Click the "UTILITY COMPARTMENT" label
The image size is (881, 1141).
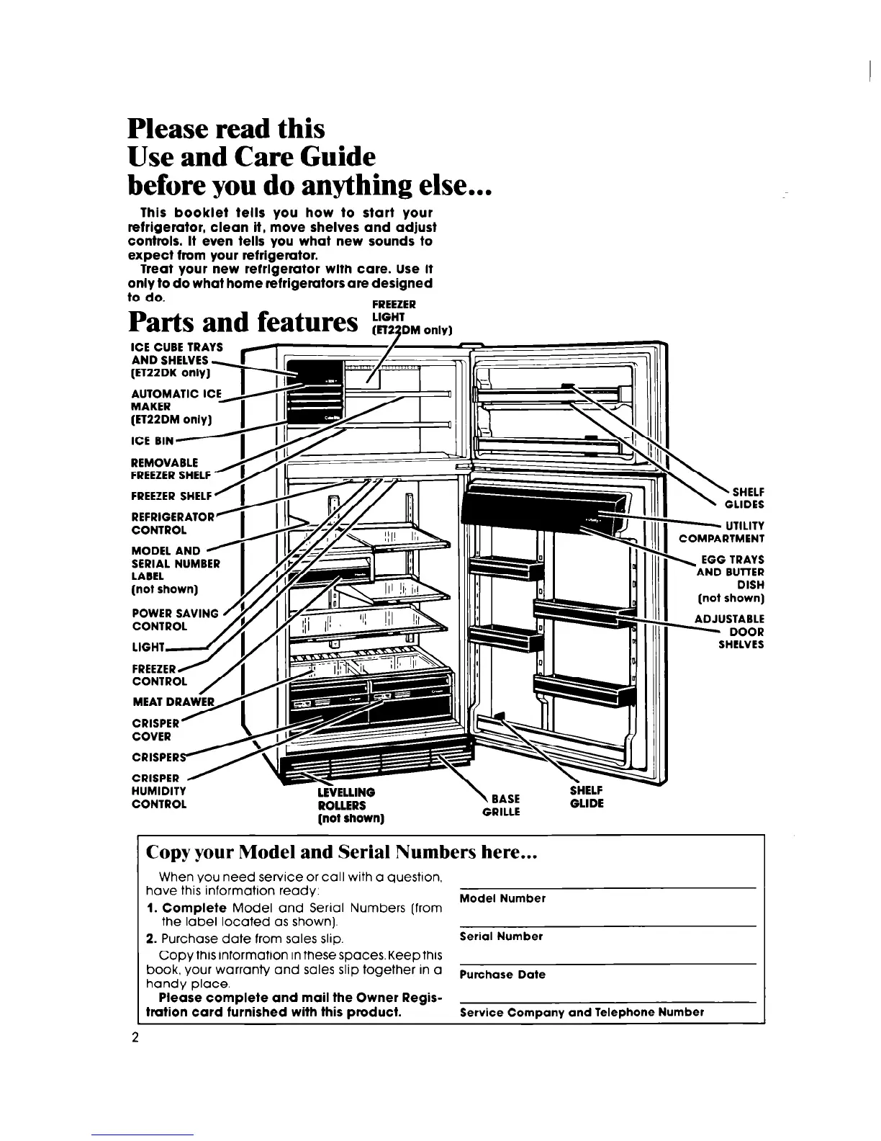722,532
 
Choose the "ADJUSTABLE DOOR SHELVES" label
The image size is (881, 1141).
729,632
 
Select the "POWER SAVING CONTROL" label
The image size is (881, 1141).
175,619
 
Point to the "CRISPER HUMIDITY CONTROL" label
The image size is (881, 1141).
159,791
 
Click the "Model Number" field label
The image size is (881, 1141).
502,898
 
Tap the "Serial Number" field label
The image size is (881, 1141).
501,936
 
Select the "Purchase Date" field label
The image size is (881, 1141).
502,975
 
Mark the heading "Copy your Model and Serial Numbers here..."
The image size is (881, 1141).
342,852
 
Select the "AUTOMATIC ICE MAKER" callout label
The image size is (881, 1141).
176,406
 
